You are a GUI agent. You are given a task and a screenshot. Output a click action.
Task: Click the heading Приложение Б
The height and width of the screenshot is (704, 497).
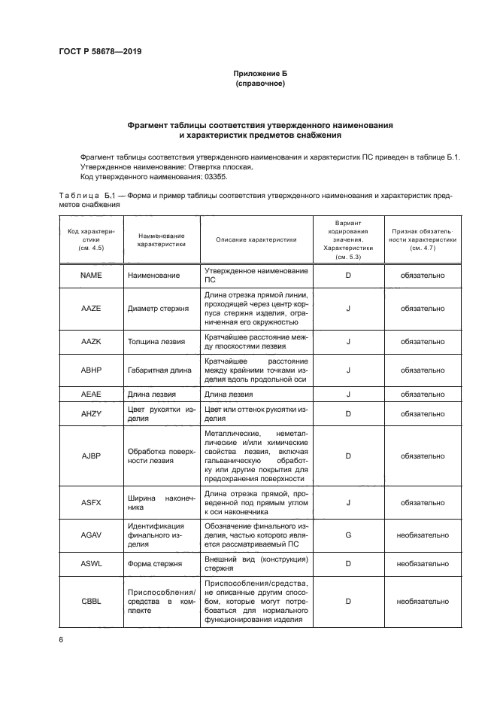click(261, 73)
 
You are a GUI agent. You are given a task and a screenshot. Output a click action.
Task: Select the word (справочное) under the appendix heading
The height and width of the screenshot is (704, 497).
click(261, 84)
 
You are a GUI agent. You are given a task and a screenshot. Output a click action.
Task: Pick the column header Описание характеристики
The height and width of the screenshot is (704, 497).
click(256, 239)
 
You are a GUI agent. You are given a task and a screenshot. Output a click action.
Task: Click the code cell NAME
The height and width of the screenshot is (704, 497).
click(90, 276)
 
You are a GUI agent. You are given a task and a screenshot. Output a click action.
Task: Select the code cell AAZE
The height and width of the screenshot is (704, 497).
click(90, 308)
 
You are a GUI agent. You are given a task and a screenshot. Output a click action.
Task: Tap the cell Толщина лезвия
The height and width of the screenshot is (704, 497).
click(156, 341)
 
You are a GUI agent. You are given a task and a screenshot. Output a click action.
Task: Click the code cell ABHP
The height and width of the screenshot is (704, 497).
click(90, 370)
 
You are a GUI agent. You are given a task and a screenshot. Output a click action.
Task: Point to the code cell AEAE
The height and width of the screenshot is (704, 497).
click(90, 395)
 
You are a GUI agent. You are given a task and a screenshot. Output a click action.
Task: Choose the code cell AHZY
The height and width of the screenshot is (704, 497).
click(90, 413)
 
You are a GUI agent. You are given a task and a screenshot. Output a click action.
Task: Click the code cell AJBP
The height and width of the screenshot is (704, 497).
click(90, 456)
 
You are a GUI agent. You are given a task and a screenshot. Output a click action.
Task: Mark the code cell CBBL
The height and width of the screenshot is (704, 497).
click(90, 602)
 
